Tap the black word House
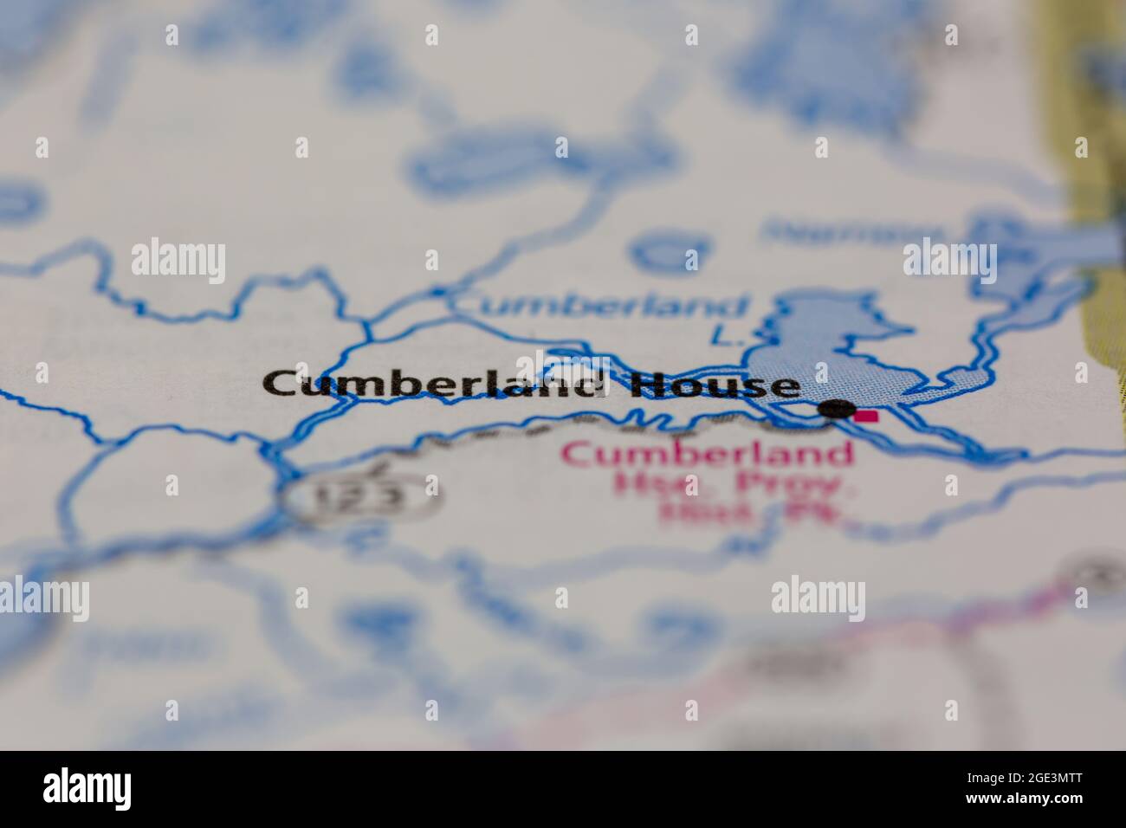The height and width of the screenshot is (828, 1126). point(714,385)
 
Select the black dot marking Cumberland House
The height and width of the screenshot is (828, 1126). point(837,410)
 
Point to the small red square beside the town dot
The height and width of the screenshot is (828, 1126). point(864,417)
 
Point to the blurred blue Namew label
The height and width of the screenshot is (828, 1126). point(853,232)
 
